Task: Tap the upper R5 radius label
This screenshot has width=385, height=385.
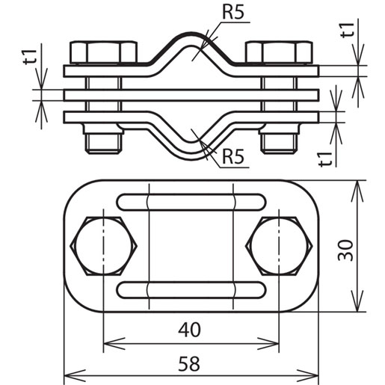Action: [x=232, y=13]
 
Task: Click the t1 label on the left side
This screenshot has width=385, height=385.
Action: [x=28, y=58]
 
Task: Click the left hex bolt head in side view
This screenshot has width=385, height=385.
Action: [x=103, y=52]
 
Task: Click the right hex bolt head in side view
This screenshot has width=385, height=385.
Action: [x=280, y=52]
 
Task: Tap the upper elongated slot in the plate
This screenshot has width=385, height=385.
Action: [x=191, y=202]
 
